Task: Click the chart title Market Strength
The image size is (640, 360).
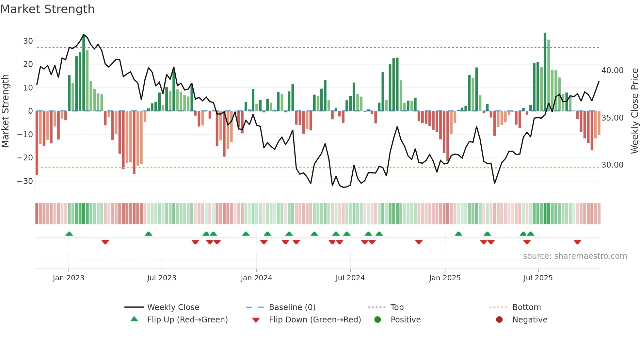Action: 47,9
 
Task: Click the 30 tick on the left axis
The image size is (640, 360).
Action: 28,41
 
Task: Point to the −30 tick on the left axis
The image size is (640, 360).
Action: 25,181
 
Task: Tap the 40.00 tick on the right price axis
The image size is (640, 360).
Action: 612,71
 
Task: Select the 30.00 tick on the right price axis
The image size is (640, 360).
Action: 612,165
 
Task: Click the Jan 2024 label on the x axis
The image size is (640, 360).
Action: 256,278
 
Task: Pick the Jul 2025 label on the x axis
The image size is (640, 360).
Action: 538,278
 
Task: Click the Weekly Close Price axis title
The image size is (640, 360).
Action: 634,111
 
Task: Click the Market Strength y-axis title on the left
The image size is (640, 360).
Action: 5,111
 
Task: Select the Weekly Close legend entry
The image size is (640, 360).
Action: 173,307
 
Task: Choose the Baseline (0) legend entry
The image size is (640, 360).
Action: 292,307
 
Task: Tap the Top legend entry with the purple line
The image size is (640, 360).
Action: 397,307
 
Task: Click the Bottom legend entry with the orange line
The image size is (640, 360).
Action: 526,307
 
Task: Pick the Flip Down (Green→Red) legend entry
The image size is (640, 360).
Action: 314,320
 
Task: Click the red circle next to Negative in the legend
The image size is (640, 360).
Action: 499,319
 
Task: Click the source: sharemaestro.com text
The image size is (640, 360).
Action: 575,256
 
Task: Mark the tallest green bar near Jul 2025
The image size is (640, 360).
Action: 545,72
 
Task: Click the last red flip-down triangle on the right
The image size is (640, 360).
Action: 577,242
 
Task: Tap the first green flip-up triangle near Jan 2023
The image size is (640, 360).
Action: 69,234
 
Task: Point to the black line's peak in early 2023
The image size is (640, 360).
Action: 84,35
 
